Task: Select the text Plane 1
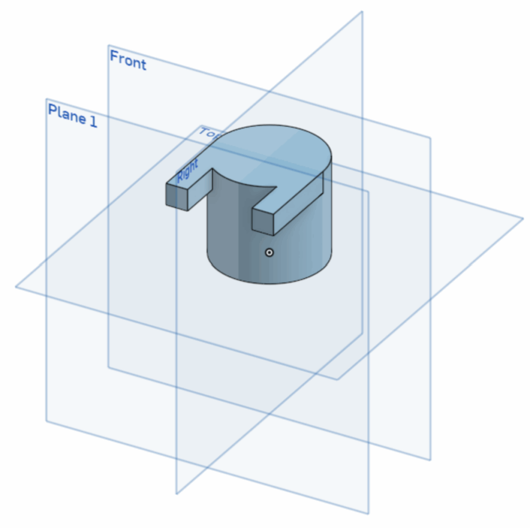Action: coord(72,115)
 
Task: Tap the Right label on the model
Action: coord(187,171)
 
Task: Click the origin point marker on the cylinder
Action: coord(269,252)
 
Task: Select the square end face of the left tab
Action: coord(176,197)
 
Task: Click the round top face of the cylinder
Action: coord(274,150)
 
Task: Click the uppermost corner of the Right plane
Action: coord(362,11)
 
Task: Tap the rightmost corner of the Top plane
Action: coord(523,218)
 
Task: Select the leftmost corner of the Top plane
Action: coord(16,286)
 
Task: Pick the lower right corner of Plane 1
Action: coord(368,514)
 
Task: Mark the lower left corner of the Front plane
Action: coord(108,367)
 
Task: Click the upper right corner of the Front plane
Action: coord(430,138)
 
